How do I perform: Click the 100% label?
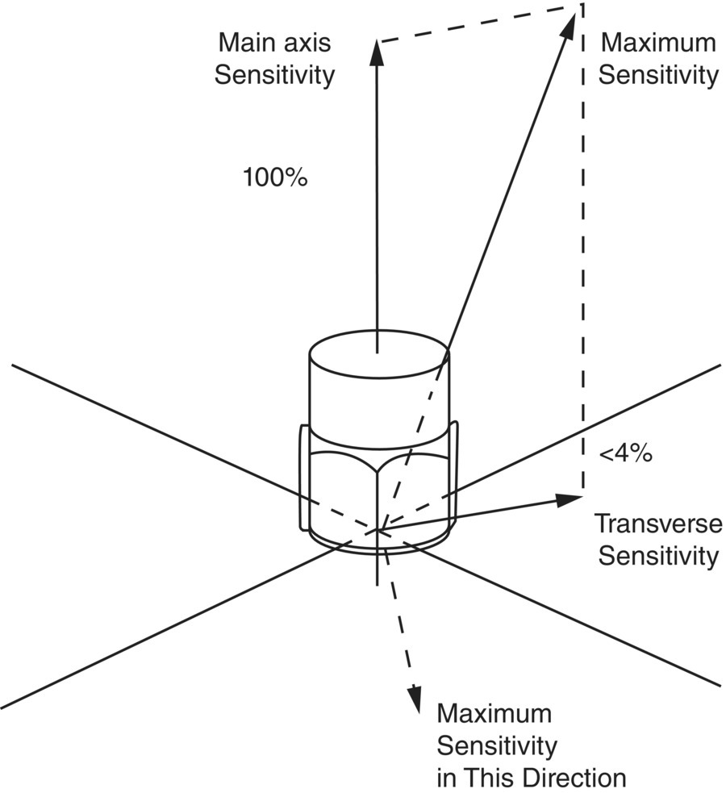[x=275, y=177]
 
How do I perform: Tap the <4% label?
[x=624, y=453]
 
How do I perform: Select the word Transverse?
[x=658, y=524]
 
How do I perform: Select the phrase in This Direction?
[x=531, y=778]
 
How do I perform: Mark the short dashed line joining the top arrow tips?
[x=476, y=24]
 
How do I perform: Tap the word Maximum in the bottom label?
[x=494, y=714]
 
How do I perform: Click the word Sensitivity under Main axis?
[x=276, y=75]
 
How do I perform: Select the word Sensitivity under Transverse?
[x=658, y=556]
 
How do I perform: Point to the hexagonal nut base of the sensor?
[x=379, y=492]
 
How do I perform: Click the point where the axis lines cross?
[x=378, y=530]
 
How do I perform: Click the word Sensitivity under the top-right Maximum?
[x=658, y=75]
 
